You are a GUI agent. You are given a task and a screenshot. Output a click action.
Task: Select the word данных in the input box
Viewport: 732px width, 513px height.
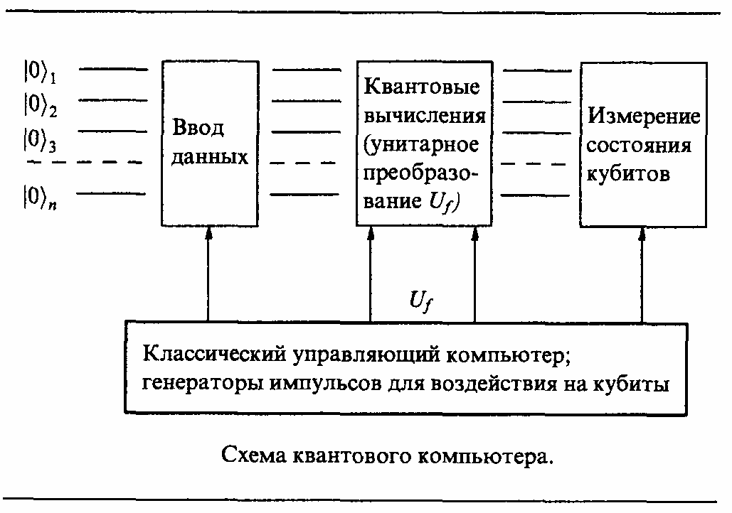coord(210,157)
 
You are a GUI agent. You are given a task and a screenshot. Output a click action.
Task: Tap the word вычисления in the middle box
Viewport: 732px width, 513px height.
coord(425,116)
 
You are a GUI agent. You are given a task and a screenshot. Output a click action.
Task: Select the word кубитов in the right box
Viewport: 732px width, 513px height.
coord(628,174)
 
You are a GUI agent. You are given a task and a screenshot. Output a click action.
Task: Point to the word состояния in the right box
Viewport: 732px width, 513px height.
coord(639,146)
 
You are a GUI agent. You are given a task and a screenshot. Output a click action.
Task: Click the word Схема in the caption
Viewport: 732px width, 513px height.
coord(255,455)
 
